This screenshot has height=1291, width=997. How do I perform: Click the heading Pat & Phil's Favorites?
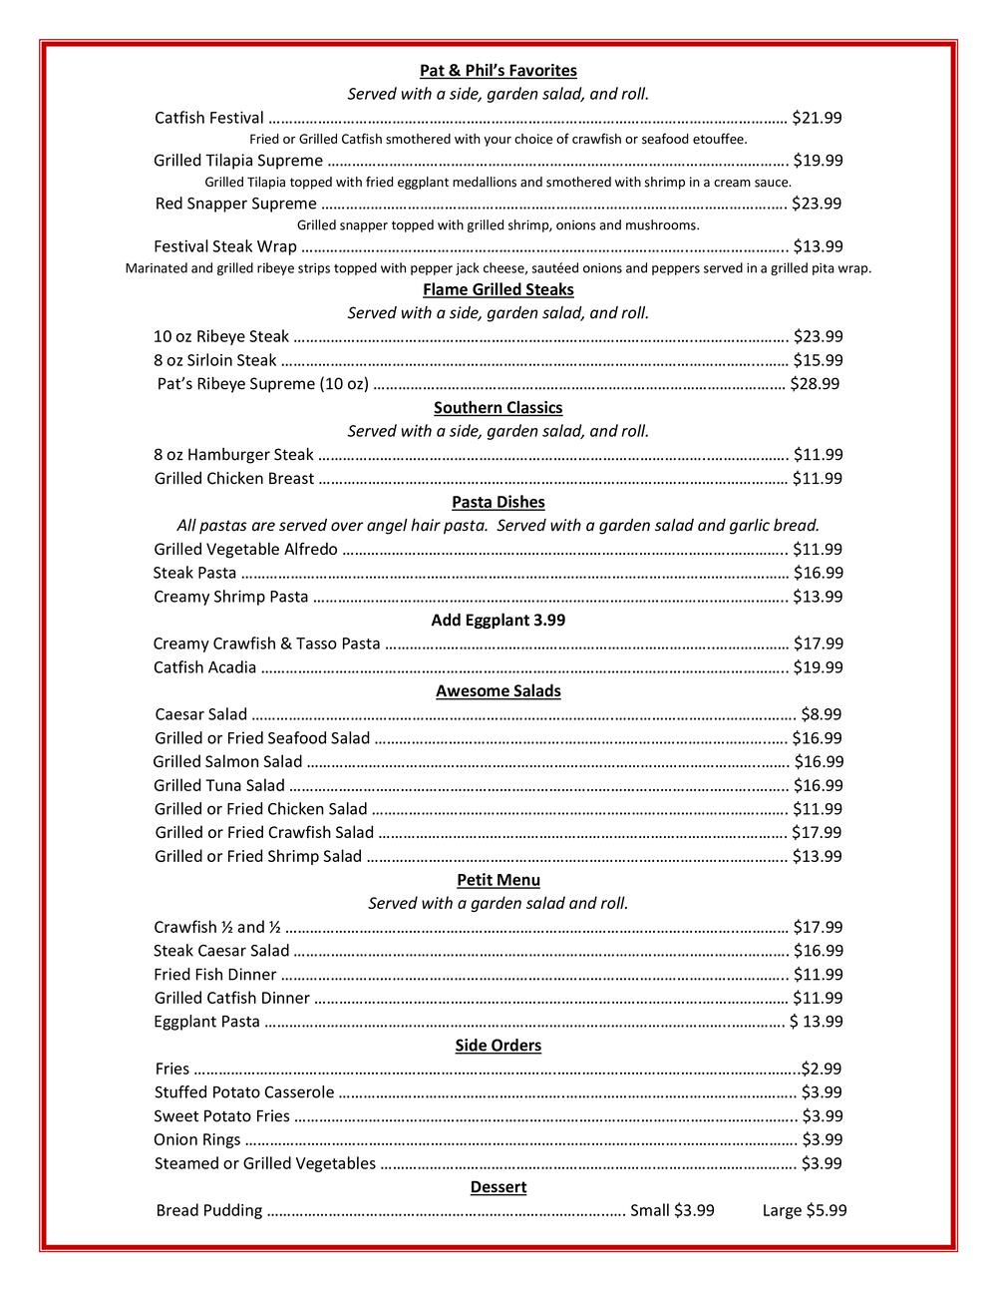click(x=498, y=71)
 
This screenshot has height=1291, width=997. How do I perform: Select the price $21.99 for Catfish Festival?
click(x=817, y=118)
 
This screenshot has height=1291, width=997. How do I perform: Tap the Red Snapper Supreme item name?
click(x=235, y=204)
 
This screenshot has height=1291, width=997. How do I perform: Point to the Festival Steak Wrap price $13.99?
click(x=818, y=246)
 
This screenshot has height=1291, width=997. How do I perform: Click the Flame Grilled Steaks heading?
click(x=498, y=289)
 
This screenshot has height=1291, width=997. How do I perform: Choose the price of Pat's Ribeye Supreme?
click(x=815, y=384)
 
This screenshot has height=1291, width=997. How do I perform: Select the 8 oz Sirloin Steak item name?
click(x=215, y=360)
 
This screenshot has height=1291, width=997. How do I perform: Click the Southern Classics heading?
click(x=498, y=407)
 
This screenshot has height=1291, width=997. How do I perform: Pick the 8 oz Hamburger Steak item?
click(x=233, y=455)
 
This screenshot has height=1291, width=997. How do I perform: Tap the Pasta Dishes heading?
click(x=498, y=502)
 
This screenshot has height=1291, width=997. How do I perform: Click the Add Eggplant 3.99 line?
click(x=498, y=620)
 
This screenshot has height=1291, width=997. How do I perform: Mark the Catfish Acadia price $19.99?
click(x=818, y=667)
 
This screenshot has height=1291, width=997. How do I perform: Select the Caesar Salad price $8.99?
click(x=822, y=714)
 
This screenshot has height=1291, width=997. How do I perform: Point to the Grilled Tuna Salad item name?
click(x=219, y=785)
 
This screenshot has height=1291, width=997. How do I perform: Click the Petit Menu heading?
click(x=498, y=880)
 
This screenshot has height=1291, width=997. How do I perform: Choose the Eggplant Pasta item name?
click(x=206, y=1022)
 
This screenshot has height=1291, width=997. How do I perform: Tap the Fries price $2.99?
click(x=822, y=1069)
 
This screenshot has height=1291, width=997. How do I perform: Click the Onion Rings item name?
click(x=197, y=1139)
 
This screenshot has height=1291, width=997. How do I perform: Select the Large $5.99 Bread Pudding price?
click(x=805, y=1210)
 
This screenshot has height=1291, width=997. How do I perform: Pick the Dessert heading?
click(x=498, y=1187)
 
